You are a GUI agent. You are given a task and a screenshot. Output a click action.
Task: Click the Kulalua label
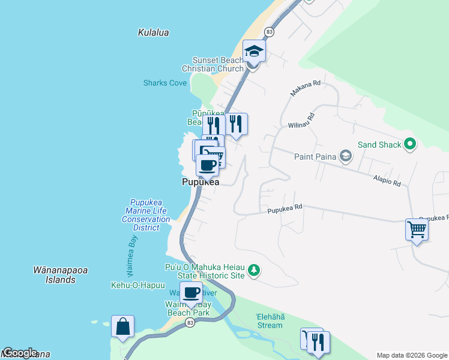(x=153, y=33)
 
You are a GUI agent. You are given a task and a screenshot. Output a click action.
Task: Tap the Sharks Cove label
(x=165, y=83)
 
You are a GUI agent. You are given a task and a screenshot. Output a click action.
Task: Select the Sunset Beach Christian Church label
(x=217, y=64)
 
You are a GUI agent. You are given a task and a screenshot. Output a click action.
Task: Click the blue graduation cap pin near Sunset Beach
(x=254, y=52)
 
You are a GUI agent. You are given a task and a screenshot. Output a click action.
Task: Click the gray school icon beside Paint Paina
(x=345, y=157)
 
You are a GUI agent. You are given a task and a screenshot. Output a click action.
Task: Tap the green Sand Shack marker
(x=410, y=144)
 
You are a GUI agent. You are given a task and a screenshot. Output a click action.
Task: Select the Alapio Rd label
(x=387, y=181)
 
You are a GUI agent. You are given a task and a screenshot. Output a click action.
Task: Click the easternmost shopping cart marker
(x=417, y=229)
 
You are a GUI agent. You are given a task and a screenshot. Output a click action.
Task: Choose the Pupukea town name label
(x=200, y=182)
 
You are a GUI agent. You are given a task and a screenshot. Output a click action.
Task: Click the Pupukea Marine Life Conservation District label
(x=146, y=215)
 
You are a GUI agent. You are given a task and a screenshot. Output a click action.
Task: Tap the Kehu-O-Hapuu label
(x=137, y=285)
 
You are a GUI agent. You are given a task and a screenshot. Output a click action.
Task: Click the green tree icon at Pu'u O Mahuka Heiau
(x=255, y=271)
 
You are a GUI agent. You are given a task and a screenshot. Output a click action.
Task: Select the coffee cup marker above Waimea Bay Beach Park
(x=191, y=293)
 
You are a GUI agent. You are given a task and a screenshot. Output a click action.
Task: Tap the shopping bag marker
(x=122, y=327)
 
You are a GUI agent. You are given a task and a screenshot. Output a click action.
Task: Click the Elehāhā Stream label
(x=269, y=321)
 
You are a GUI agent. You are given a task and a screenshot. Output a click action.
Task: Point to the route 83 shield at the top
(x=269, y=31)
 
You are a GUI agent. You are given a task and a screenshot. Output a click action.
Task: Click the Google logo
(x=19, y=353)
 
